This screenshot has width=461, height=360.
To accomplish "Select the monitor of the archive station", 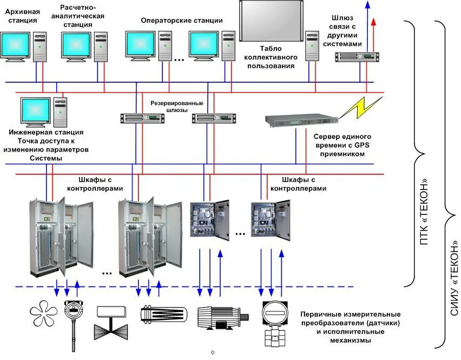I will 16,46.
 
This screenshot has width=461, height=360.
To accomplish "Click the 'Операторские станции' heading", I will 182,21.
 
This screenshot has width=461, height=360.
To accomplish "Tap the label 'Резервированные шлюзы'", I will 177,106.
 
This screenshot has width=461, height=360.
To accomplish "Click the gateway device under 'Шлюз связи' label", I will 357,57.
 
